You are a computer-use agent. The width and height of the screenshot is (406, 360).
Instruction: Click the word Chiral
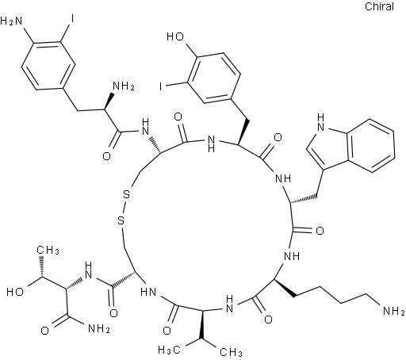(x=379, y=6)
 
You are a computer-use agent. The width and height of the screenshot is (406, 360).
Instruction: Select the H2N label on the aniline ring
(x=11, y=21)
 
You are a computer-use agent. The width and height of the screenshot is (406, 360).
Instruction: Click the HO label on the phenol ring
(x=174, y=36)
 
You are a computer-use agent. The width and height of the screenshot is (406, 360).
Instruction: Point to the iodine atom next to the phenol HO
(x=161, y=86)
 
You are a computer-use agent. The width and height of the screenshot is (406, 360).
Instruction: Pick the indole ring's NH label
(x=320, y=122)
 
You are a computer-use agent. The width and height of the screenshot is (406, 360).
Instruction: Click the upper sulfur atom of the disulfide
(x=127, y=195)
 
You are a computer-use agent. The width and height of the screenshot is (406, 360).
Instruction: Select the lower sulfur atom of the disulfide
(x=121, y=220)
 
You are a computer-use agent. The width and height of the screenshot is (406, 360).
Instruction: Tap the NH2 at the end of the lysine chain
(x=393, y=311)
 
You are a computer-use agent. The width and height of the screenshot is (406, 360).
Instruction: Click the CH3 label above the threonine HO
(x=48, y=250)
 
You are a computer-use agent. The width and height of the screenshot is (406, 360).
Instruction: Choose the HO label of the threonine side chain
(x=15, y=292)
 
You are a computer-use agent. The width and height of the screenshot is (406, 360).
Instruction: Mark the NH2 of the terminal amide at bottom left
(x=98, y=328)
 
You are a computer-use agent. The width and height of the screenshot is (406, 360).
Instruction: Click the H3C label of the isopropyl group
(x=169, y=350)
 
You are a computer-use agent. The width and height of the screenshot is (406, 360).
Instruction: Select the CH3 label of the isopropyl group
(x=231, y=352)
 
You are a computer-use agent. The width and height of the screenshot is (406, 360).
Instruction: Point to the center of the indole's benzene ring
(x=371, y=146)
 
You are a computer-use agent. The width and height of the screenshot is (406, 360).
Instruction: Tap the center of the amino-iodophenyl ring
(x=48, y=65)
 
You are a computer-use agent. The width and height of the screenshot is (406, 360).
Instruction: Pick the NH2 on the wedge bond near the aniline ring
(x=123, y=86)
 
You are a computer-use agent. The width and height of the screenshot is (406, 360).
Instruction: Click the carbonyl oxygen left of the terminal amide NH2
(x=44, y=331)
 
